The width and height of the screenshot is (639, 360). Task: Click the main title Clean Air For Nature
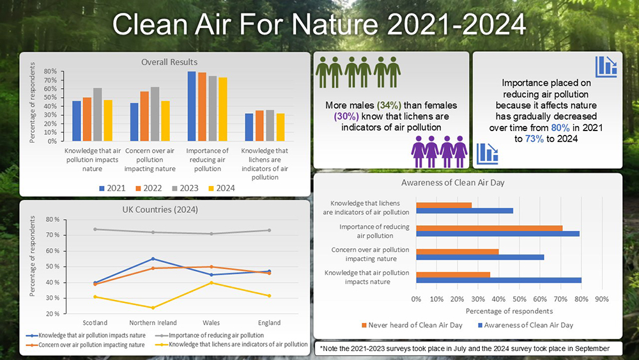coord(319,25)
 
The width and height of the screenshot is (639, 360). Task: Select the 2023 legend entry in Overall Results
coord(183,188)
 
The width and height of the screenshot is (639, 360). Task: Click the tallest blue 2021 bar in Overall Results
coord(191,106)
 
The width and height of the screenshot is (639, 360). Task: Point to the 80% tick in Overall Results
coord(49,72)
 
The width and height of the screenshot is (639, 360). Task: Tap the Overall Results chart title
coord(169,62)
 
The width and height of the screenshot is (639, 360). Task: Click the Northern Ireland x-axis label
coord(153,322)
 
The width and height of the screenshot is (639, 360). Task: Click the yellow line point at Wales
coord(211,283)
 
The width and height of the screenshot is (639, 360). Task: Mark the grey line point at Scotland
coord(95,229)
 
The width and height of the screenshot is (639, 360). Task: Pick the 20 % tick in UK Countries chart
coord(52,314)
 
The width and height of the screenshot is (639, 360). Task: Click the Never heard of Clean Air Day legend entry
coord(420,325)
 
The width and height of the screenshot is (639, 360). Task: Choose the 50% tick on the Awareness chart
coord(519,299)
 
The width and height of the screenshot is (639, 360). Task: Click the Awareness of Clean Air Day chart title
coord(454,184)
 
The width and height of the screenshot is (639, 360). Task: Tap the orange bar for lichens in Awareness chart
coord(443,205)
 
